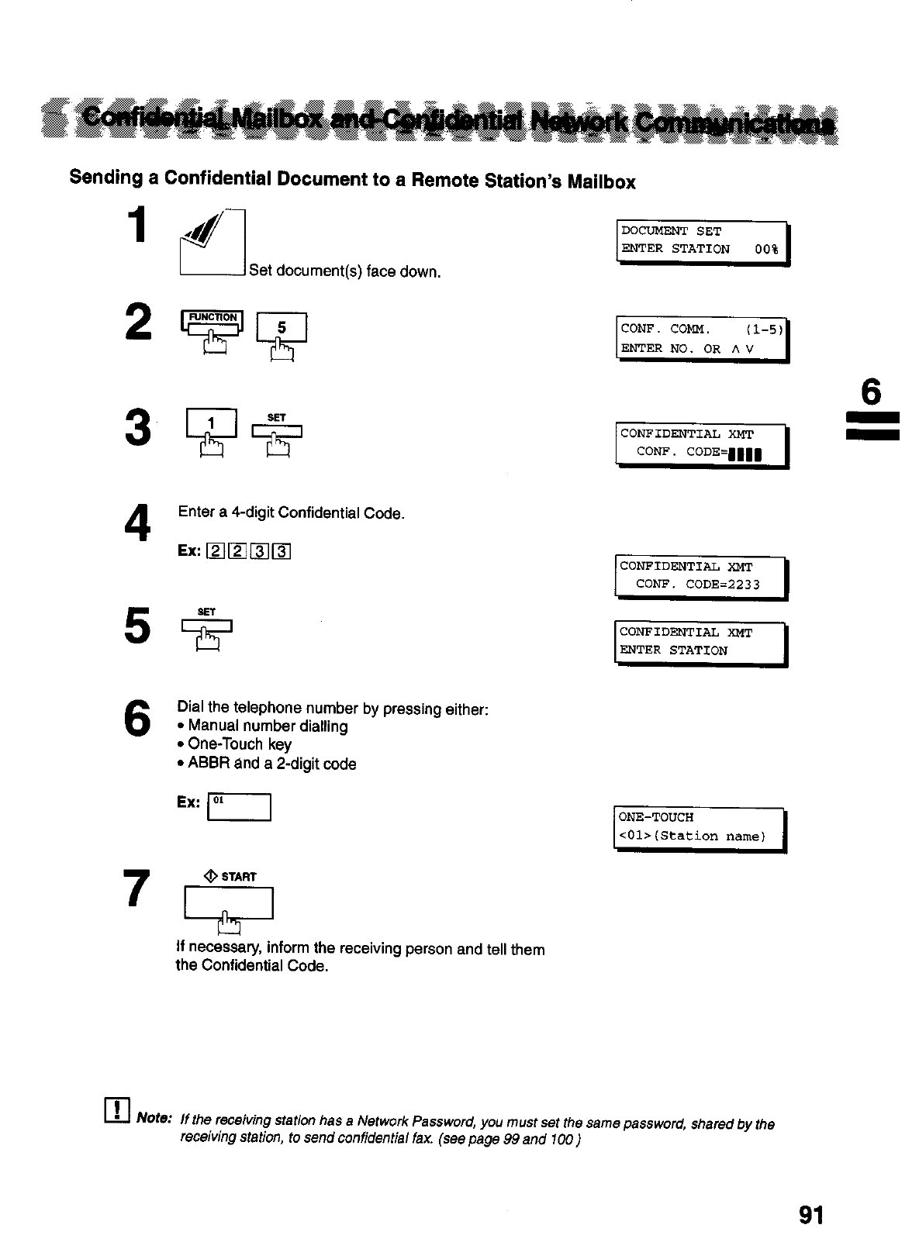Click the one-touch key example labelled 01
[x=239, y=807]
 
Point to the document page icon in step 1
[x=212, y=243]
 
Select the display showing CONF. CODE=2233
[x=700, y=577]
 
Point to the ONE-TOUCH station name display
[x=700, y=829]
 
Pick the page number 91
[x=810, y=1214]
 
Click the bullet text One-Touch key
[x=240, y=744]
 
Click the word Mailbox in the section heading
[x=601, y=182]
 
